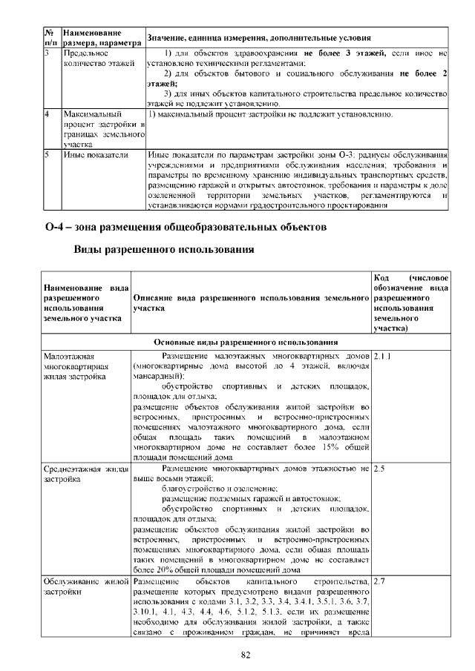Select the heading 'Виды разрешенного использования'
pyautogui.click(x=164, y=250)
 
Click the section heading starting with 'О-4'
pyautogui.click(x=185, y=225)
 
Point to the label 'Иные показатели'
pyautogui.click(x=93, y=155)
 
